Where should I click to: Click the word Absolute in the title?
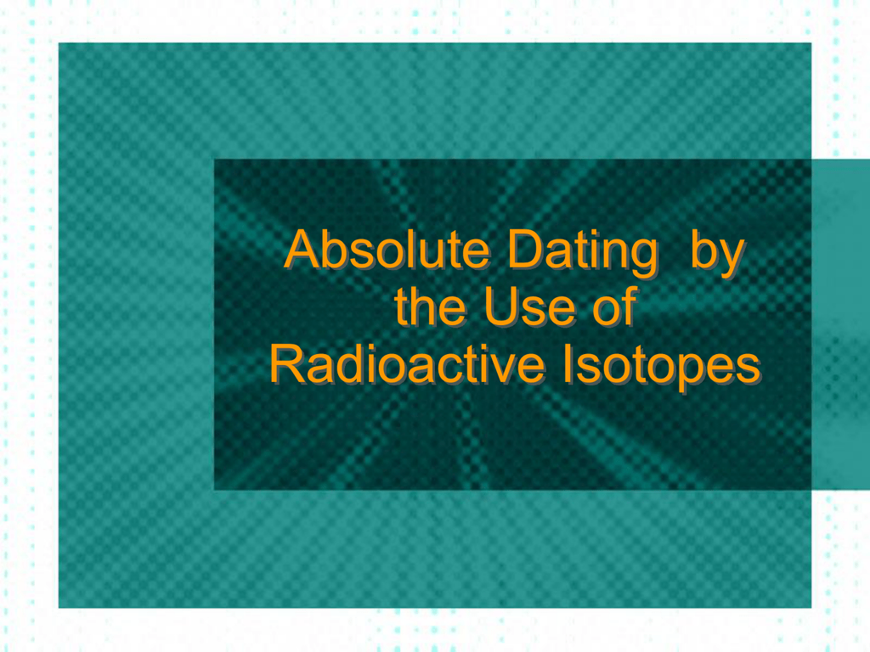tap(387, 250)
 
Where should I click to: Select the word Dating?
tap(583, 253)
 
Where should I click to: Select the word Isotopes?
tap(661, 367)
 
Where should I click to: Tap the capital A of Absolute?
tap(303, 250)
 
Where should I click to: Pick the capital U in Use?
tap(501, 306)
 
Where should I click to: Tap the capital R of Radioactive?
tap(289, 364)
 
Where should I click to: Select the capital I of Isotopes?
tap(568, 364)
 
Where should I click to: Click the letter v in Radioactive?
tap(496, 369)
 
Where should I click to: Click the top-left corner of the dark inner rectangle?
tap(214, 159)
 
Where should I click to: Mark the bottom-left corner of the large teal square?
tap(59, 608)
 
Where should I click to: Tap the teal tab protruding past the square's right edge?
tap(840, 324)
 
